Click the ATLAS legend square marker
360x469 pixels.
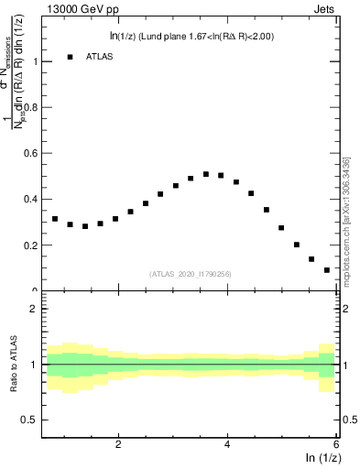click(x=70, y=57)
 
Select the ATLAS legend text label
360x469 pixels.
click(x=104, y=57)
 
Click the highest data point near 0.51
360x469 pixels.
click(x=206, y=174)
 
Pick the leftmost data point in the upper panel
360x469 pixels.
click(x=55, y=219)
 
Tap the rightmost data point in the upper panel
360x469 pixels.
click(x=327, y=270)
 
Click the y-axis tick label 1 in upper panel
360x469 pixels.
click(x=34, y=61)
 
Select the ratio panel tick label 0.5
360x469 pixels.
click(x=28, y=420)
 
